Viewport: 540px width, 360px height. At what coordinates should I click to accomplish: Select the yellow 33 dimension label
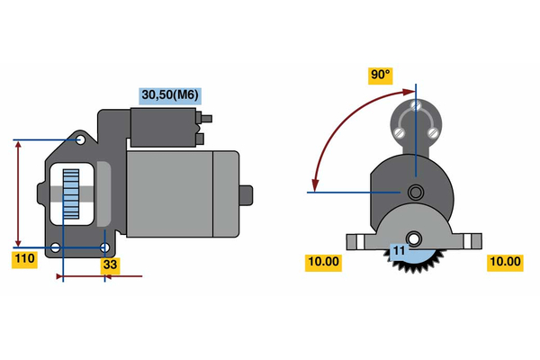[x=110, y=265]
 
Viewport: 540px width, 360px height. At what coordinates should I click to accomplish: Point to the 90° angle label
[x=381, y=76]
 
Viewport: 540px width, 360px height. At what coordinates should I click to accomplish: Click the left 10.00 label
[x=324, y=262]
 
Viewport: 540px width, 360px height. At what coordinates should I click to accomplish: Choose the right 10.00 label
[x=504, y=262]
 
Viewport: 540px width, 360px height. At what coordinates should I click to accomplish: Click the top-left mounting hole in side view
[x=81, y=141]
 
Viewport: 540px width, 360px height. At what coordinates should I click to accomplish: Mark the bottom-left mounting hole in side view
[x=56, y=247]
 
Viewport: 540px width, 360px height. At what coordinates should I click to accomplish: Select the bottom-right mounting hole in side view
[x=105, y=247]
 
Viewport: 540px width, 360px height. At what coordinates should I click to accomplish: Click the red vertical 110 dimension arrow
[x=18, y=193]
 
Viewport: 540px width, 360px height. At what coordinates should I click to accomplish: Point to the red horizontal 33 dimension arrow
[x=99, y=275]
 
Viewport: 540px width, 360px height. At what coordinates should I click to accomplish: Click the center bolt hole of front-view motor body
[x=415, y=192]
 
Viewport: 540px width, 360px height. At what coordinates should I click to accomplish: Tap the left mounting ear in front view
[x=356, y=241]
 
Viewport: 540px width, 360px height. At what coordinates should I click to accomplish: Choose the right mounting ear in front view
[x=471, y=241]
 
